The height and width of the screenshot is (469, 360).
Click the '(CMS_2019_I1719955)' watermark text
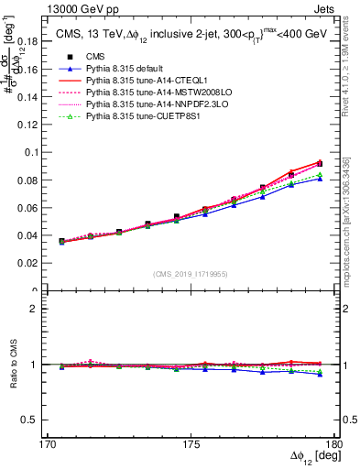pyautogui.click(x=191, y=274)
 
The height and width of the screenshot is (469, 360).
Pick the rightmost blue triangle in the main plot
pyautogui.click(x=320, y=179)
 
